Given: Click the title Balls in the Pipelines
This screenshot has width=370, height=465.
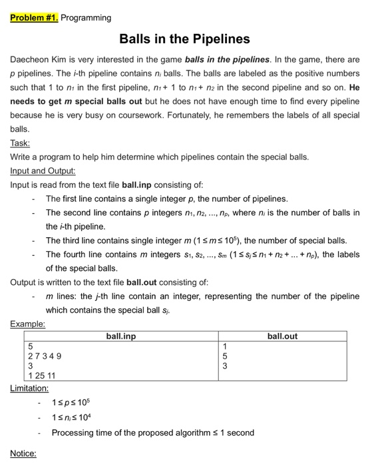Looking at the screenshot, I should tap(184, 39).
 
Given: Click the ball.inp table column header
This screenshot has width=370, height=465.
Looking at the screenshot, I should tap(121, 337).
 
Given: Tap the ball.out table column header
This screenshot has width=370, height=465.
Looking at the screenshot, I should tap(282, 337).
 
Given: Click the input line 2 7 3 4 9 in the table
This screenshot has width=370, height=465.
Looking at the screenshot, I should tap(45, 356).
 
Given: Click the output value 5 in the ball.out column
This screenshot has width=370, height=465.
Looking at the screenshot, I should tap(226, 356).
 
